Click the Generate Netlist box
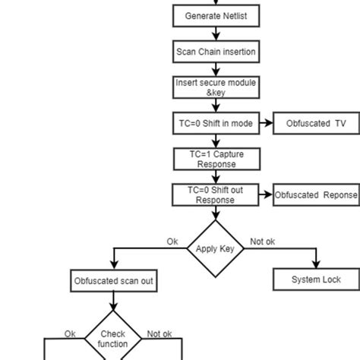[216, 15]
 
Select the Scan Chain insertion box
[216, 52]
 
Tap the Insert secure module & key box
[216, 87]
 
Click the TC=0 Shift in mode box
[216, 123]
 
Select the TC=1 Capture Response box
[216, 159]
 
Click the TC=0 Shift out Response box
[216, 194]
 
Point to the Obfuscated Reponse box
[316, 195]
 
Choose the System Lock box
[316, 279]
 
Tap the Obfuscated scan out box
[114, 282]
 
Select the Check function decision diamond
[113, 339]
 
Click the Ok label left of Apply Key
[172, 242]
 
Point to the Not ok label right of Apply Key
[263, 242]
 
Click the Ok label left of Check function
[70, 333]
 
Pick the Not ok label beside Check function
[159, 333]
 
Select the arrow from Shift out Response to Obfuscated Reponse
[265, 195]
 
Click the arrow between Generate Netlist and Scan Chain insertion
[216, 33]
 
